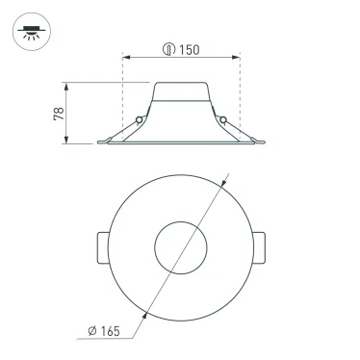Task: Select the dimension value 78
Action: pos(59,114)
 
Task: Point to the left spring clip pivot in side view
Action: pos(140,119)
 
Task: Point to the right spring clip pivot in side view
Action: pos(224,119)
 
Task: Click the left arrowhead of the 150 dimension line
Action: pos(126,58)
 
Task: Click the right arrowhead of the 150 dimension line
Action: pos(237,58)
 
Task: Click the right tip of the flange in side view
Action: pos(267,144)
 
